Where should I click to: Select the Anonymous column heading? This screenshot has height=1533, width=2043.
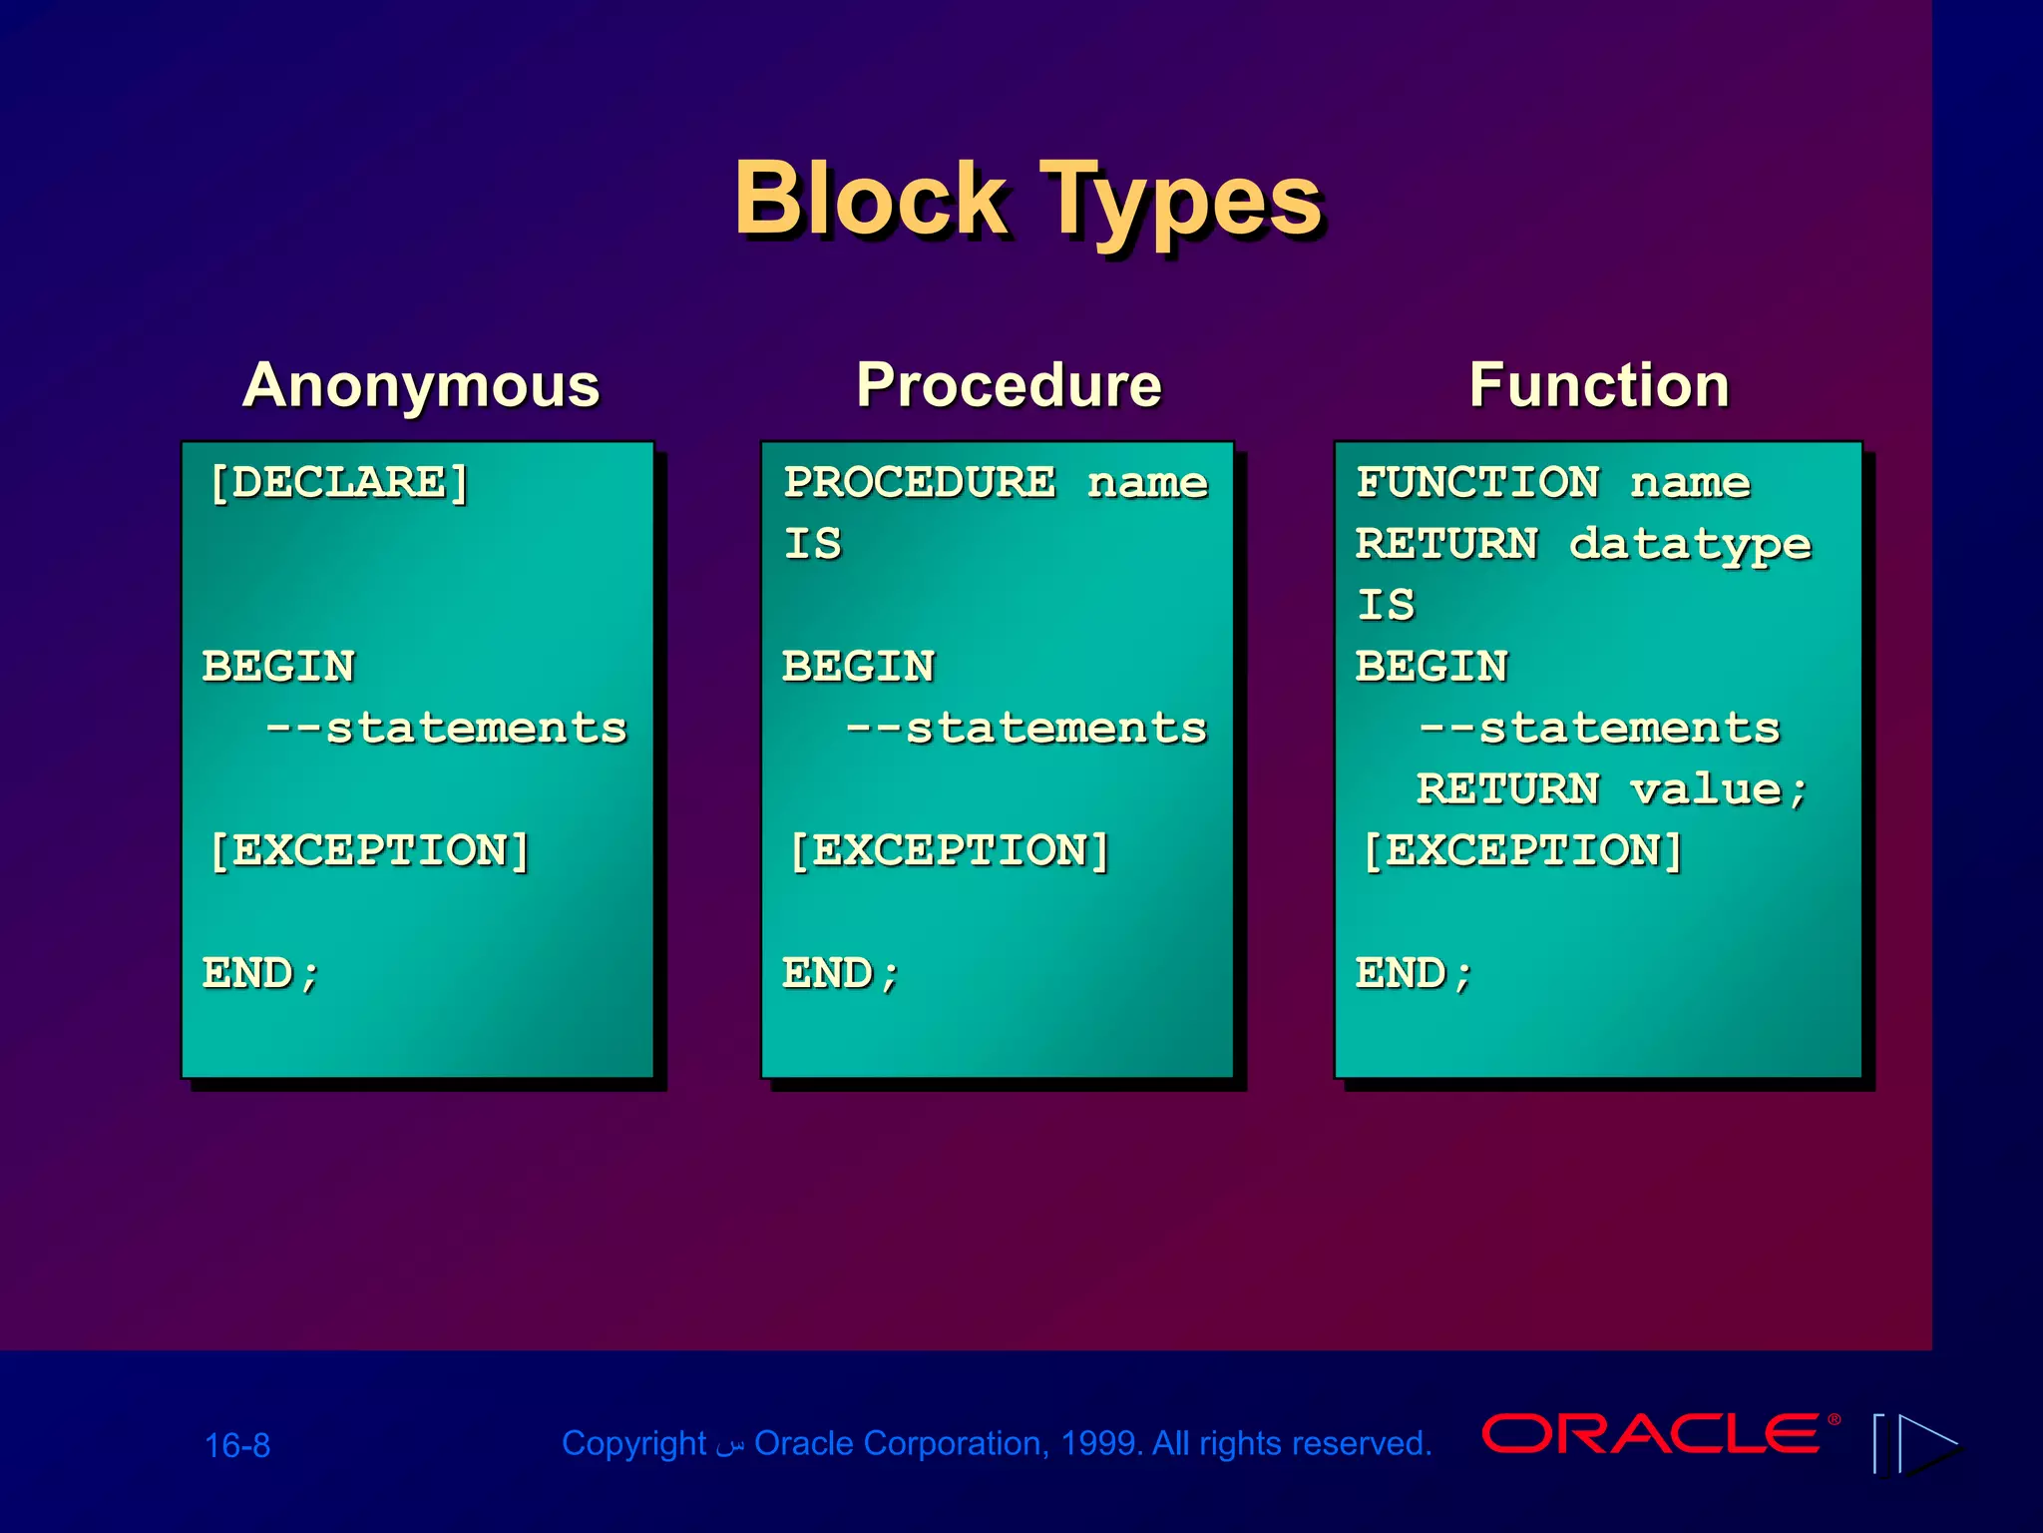[x=421, y=385]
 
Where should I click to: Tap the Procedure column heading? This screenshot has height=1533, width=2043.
[x=1009, y=385]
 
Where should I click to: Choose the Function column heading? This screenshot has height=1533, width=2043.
[x=1599, y=385]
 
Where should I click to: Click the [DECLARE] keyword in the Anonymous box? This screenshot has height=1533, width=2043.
[x=339, y=483]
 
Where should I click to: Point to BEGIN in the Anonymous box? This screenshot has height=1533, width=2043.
[x=278, y=667]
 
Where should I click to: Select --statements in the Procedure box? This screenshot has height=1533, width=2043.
[x=1025, y=728]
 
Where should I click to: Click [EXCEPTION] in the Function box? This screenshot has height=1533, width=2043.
[x=1522, y=851]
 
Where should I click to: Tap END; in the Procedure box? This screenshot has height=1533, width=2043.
[x=841, y=973]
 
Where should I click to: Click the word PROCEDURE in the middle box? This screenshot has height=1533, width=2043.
[x=919, y=483]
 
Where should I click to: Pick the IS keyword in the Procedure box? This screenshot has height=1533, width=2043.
[x=812, y=545]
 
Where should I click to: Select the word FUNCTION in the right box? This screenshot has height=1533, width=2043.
[x=1477, y=483]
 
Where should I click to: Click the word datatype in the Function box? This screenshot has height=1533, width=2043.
[x=1690, y=545]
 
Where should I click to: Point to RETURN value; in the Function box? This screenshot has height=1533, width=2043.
[x=1611, y=789]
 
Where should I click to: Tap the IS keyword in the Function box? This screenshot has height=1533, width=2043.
[x=1385, y=606]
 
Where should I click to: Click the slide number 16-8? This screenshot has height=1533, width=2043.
[x=237, y=1445]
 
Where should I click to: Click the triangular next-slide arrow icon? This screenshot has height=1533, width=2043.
[x=1927, y=1444]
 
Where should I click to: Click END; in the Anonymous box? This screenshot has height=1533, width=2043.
[x=261, y=973]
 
